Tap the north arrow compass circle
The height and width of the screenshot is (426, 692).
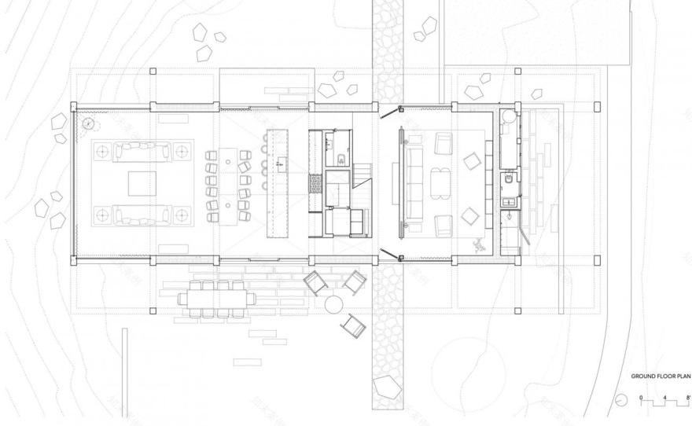622,400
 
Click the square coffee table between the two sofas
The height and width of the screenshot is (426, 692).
143,182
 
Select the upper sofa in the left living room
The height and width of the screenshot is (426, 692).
143,149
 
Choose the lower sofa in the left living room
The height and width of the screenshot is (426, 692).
143,214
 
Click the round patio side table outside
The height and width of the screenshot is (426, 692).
333,304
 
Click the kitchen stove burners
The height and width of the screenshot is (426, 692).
315,184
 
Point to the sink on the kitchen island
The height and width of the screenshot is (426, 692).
278,164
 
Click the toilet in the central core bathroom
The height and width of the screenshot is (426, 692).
340,160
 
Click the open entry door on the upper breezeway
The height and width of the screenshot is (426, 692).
388,112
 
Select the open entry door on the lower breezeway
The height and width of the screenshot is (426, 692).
388,253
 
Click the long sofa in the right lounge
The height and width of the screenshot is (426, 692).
413,182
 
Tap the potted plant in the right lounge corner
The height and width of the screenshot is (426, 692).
479,244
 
